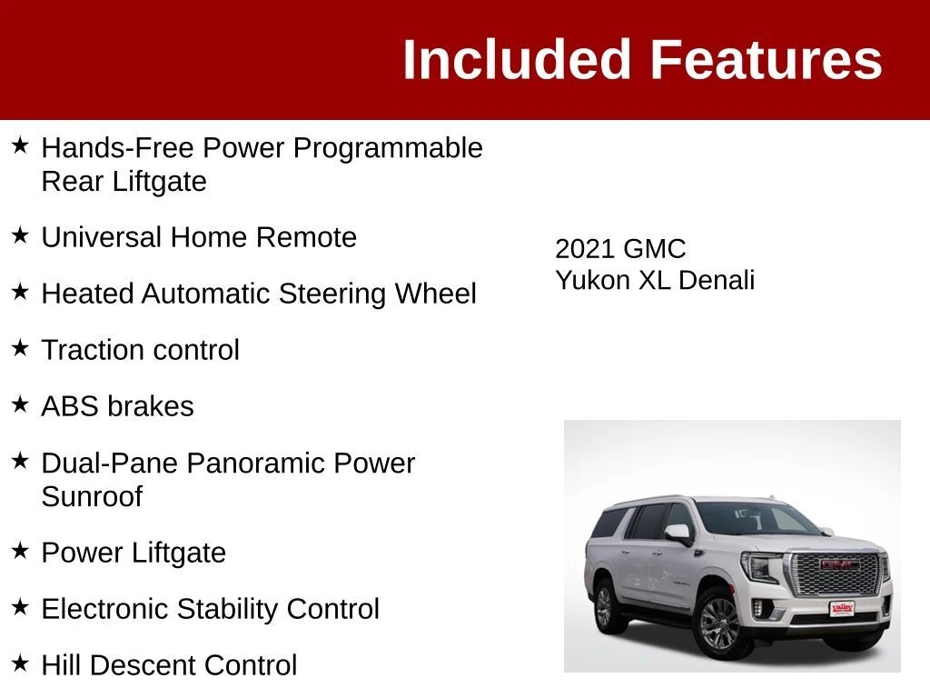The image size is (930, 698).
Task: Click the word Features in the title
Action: click(x=767, y=59)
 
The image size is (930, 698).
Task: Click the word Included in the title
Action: click(x=516, y=59)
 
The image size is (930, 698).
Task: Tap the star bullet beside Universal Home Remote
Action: click(x=20, y=235)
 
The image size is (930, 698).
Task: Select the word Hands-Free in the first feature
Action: click(x=117, y=148)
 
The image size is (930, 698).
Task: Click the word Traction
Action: click(x=87, y=350)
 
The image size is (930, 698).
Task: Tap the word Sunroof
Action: click(x=92, y=497)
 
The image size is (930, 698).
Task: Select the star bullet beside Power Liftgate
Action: click(x=20, y=550)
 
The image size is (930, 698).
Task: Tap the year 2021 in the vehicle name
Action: click(x=585, y=249)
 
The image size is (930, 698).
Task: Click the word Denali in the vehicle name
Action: click(x=717, y=280)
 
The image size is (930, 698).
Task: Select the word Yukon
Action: click(x=592, y=280)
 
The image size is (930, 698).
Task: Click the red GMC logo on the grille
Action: click(x=839, y=563)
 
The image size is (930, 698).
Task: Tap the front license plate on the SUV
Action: click(x=842, y=608)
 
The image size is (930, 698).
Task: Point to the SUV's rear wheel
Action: click(x=604, y=606)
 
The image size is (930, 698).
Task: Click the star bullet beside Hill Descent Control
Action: click(x=20, y=663)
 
